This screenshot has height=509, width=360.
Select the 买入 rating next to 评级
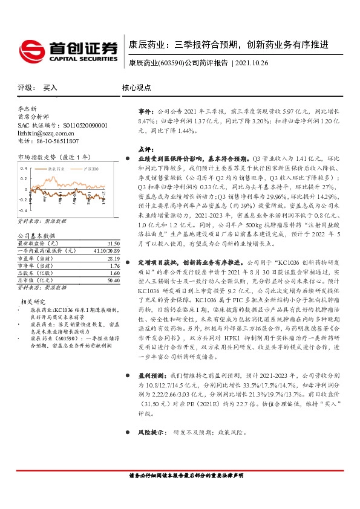point(50,88)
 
